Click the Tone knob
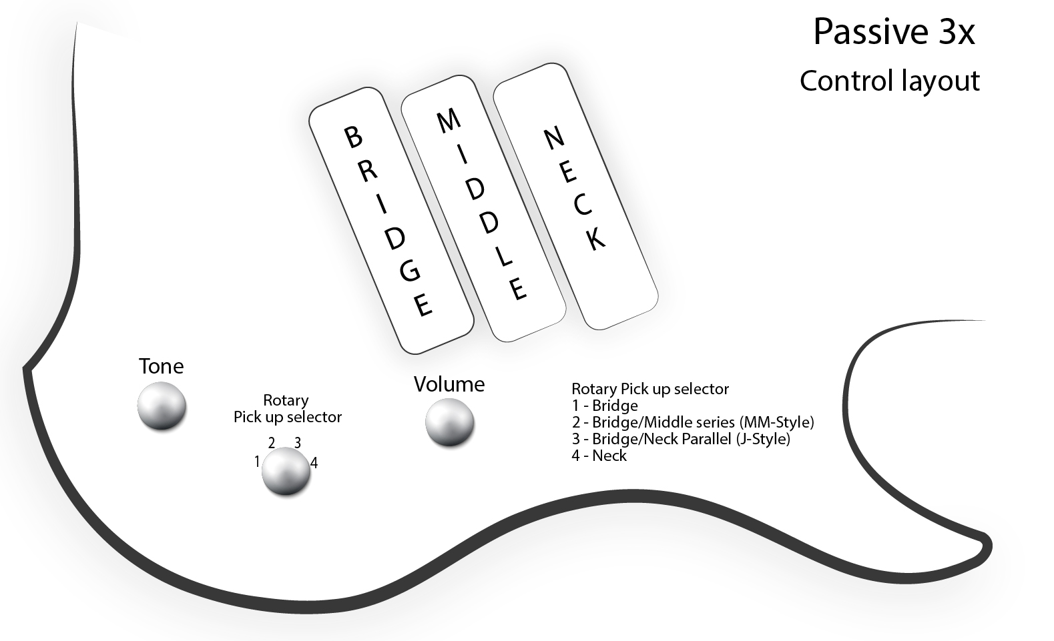coord(162,406)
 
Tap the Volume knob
coord(449,422)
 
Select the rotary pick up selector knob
coord(286,471)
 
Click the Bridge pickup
coord(391,220)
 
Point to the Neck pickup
coord(575,196)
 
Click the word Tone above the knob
coord(161,366)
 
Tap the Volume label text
coord(449,384)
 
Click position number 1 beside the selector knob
coord(257,462)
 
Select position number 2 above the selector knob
coord(272,443)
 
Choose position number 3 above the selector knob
coord(298,442)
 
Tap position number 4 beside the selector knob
coord(314,462)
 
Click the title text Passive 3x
coord(894,32)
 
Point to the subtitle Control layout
coord(889,81)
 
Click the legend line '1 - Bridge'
coord(605,406)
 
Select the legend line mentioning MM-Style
coord(693,422)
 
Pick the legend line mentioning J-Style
coord(681,439)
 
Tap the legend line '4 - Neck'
coord(599,456)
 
